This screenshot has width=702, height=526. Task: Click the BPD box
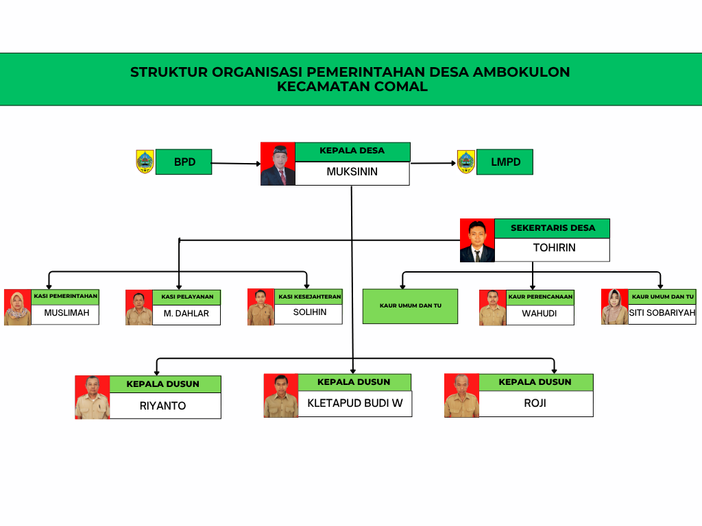(184, 162)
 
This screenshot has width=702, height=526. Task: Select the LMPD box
(505, 162)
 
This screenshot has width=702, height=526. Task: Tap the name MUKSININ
(352, 172)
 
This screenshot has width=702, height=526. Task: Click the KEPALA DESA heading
(352, 151)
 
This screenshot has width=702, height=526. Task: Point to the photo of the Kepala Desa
(278, 164)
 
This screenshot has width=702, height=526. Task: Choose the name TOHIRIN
(554, 248)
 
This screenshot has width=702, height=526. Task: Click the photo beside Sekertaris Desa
(477, 240)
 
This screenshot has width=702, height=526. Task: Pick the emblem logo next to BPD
(145, 162)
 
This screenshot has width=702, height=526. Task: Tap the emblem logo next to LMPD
(466, 162)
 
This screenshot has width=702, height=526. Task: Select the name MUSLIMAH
(66, 314)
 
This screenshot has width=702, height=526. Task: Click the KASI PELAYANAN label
(187, 297)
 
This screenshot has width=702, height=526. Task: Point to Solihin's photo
(261, 307)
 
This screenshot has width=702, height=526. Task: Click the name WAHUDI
(539, 314)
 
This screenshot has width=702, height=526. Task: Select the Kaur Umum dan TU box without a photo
(410, 305)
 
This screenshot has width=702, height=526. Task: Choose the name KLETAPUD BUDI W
(354, 403)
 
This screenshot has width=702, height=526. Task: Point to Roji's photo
(461, 395)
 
